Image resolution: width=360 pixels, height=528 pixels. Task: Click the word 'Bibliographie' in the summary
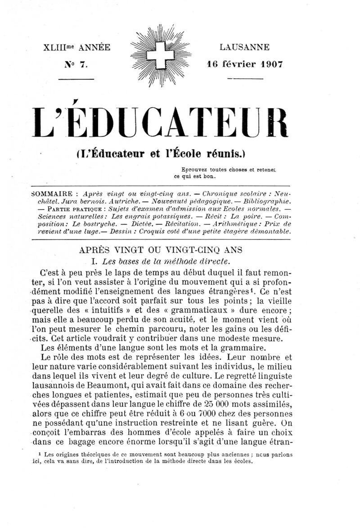[x=266, y=201]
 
